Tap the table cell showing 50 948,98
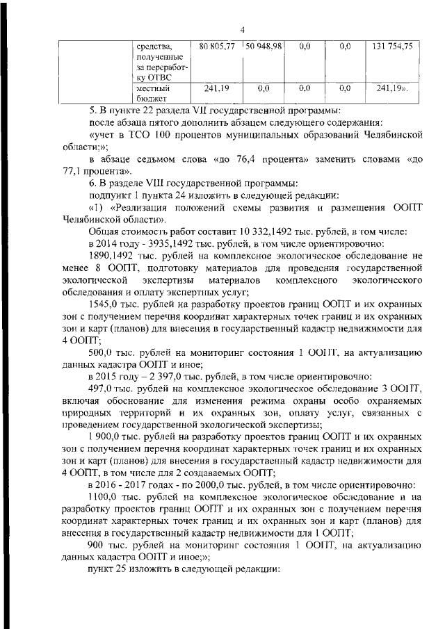point(263,46)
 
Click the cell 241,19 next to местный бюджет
point(217,89)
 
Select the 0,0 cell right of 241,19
point(263,89)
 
